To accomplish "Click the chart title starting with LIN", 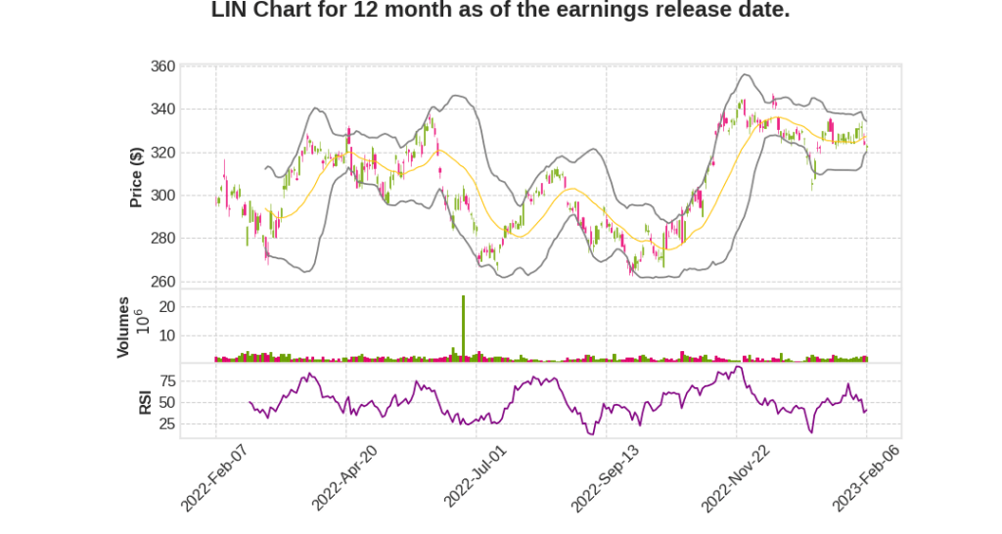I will [x=500, y=11].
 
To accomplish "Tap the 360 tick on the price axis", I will [x=162, y=67].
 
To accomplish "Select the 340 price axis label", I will [x=162, y=110].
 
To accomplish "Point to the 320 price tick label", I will [x=162, y=153].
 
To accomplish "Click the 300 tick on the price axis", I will [x=162, y=196].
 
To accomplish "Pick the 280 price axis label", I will [x=162, y=239].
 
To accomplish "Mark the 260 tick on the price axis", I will [x=162, y=282].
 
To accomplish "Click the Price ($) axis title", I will [x=137, y=177].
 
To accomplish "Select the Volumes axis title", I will [x=123, y=327].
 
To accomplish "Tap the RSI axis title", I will [x=144, y=402].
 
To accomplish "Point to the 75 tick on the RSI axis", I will [x=166, y=380].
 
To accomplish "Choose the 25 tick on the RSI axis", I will [x=166, y=424].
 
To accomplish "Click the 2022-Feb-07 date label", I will [x=214, y=476].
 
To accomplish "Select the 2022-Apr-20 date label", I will [x=344, y=476].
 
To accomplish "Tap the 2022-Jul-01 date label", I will [x=476, y=476].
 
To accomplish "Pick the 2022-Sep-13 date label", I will [x=605, y=476].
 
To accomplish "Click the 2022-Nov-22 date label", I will [x=736, y=476].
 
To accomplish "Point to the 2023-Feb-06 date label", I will [x=866, y=476].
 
